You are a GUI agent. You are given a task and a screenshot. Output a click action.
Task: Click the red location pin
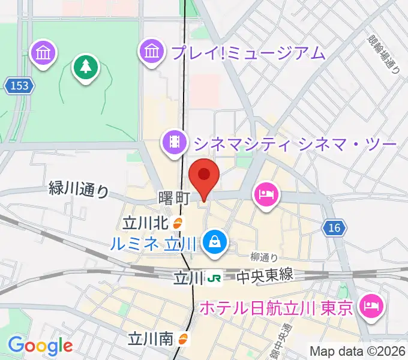pos(204,175)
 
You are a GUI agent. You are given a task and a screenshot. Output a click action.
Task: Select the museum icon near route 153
pos(44,53)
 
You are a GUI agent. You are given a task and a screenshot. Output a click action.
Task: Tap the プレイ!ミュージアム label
pos(248,53)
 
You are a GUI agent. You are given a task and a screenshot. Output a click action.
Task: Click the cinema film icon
pos(174,142)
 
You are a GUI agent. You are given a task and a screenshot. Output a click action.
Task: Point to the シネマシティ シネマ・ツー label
pos(295,143)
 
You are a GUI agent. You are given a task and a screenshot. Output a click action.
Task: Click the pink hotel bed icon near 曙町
pos(265,193)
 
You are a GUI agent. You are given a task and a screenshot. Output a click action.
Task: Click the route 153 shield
pos(19,86)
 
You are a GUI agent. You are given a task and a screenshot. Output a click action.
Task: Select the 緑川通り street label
pos(79,190)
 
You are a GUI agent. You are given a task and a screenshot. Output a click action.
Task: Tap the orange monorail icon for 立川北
pos(178,223)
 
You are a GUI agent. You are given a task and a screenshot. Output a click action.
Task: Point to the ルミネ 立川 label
pos(154,244)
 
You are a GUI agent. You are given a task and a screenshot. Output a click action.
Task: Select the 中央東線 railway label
pos(265,275)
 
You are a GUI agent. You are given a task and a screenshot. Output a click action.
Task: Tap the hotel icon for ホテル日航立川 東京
pos(368,307)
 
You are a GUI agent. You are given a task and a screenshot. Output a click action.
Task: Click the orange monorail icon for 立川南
pos(183,339)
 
